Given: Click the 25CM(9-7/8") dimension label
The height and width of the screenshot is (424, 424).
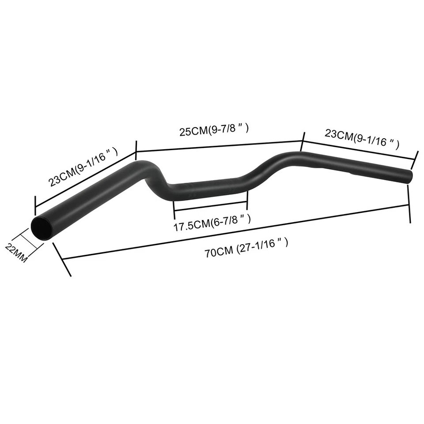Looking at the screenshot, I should coord(214,130).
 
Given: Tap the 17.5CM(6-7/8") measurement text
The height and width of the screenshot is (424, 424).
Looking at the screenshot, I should coord(212,224).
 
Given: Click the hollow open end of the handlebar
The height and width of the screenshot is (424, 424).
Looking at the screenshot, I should coord(42,228).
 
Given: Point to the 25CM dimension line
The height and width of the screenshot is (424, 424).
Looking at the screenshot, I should coord(219,146).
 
